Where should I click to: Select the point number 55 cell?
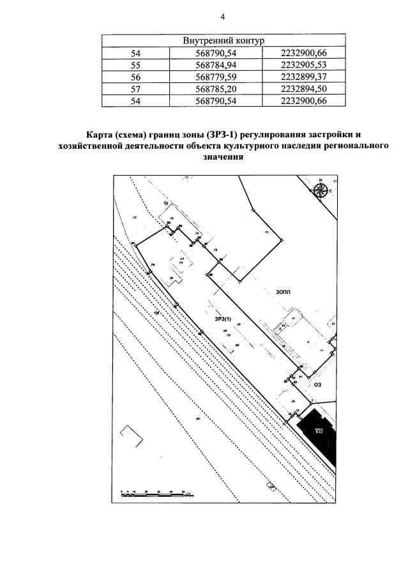(135, 65)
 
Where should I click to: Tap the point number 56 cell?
(135, 77)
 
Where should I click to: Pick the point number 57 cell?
(135, 89)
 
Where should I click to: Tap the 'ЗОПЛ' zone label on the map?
(283, 291)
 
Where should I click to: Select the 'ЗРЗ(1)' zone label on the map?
(223, 319)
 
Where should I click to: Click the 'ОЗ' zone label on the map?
(315, 384)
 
